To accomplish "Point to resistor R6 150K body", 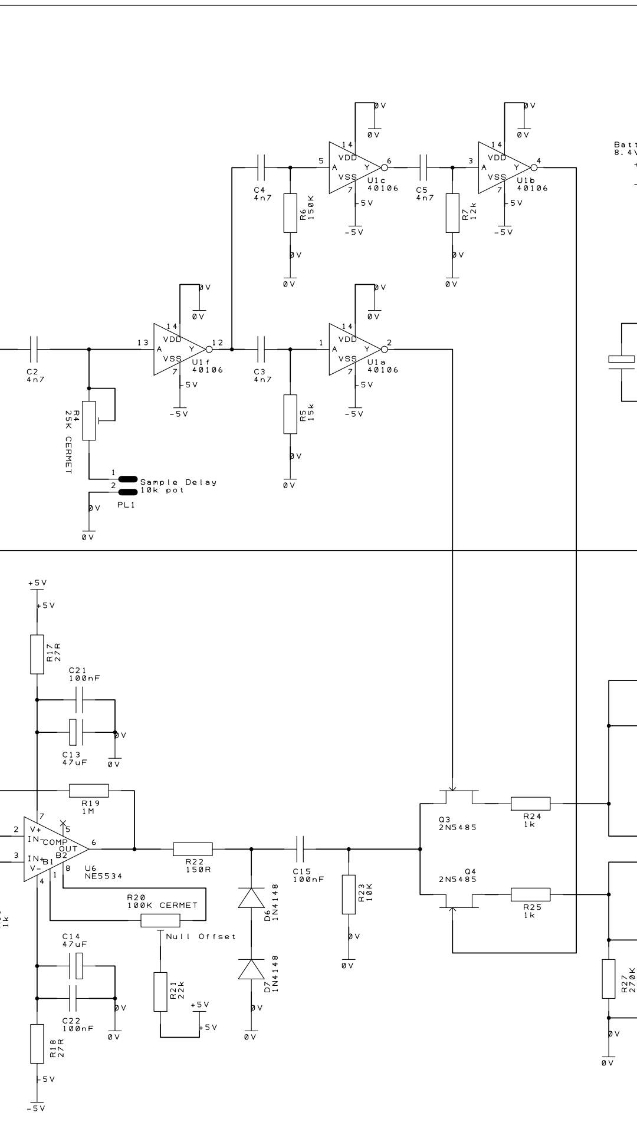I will click(x=290, y=212).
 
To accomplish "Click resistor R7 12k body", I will click(x=452, y=212).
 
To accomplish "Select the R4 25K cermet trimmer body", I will click(x=89, y=420).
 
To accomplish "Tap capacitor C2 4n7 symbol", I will click(x=33, y=349).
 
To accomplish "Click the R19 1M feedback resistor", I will click(x=89, y=791).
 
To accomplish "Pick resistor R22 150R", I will click(x=193, y=849).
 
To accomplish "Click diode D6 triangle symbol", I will click(x=251, y=897).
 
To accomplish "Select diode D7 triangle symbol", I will click(x=251, y=969).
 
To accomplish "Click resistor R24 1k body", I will click(x=530, y=803).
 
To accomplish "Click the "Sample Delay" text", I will click(x=178, y=482).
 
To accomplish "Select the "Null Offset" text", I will click(x=201, y=936).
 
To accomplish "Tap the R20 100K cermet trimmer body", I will click(x=160, y=920).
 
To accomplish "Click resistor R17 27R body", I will click(x=37, y=654).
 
